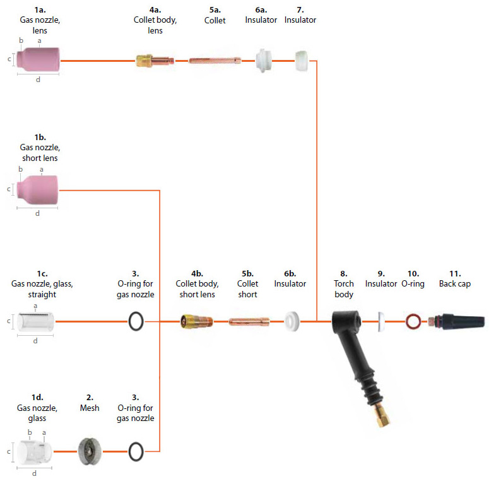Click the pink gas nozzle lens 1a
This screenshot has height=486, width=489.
(38, 59)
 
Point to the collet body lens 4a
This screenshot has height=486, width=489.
(155, 61)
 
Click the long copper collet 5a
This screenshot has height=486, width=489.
(215, 61)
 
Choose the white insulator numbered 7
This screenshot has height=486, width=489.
(302, 61)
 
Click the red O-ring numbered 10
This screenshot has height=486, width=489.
(413, 321)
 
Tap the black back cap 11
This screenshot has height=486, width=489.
(457, 321)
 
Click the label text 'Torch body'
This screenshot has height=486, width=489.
(344, 289)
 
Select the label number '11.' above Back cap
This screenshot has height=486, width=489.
(454, 273)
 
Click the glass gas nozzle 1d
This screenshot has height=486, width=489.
(35, 452)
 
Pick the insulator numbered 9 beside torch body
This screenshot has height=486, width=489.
(380, 321)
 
